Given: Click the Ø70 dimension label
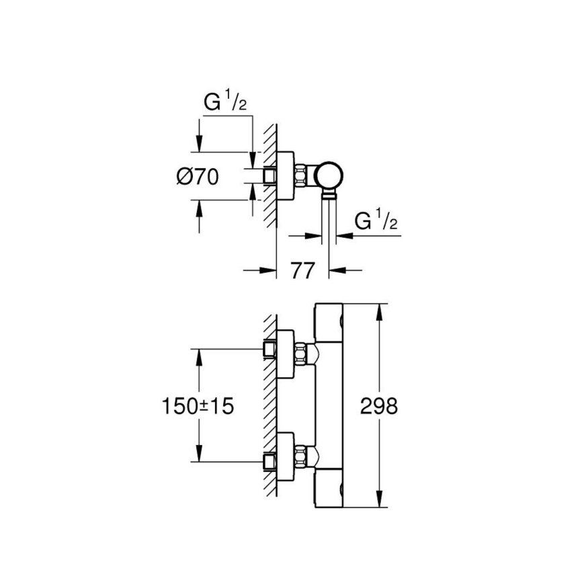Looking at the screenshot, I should click(198, 177).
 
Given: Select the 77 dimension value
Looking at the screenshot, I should click(303, 271).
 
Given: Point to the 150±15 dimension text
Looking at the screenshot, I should click(198, 405).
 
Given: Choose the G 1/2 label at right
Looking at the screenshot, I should click(376, 221).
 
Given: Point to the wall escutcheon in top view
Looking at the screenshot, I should click(284, 175).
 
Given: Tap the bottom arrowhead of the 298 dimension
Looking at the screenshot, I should click(380, 502).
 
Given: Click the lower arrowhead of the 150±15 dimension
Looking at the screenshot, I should click(198, 456).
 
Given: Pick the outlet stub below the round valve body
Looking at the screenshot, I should click(329, 197).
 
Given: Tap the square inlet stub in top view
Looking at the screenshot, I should click(270, 175).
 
